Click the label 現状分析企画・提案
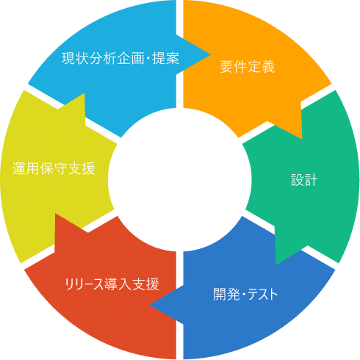pos(120,59)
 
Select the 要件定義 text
pos(248,67)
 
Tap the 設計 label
pos(304,180)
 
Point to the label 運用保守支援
pos(54,168)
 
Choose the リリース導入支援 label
pos(112,284)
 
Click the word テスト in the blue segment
pos(263,294)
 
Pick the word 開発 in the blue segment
pos(226,294)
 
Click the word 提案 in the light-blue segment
pos(166,59)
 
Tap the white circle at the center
pos(180,180)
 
